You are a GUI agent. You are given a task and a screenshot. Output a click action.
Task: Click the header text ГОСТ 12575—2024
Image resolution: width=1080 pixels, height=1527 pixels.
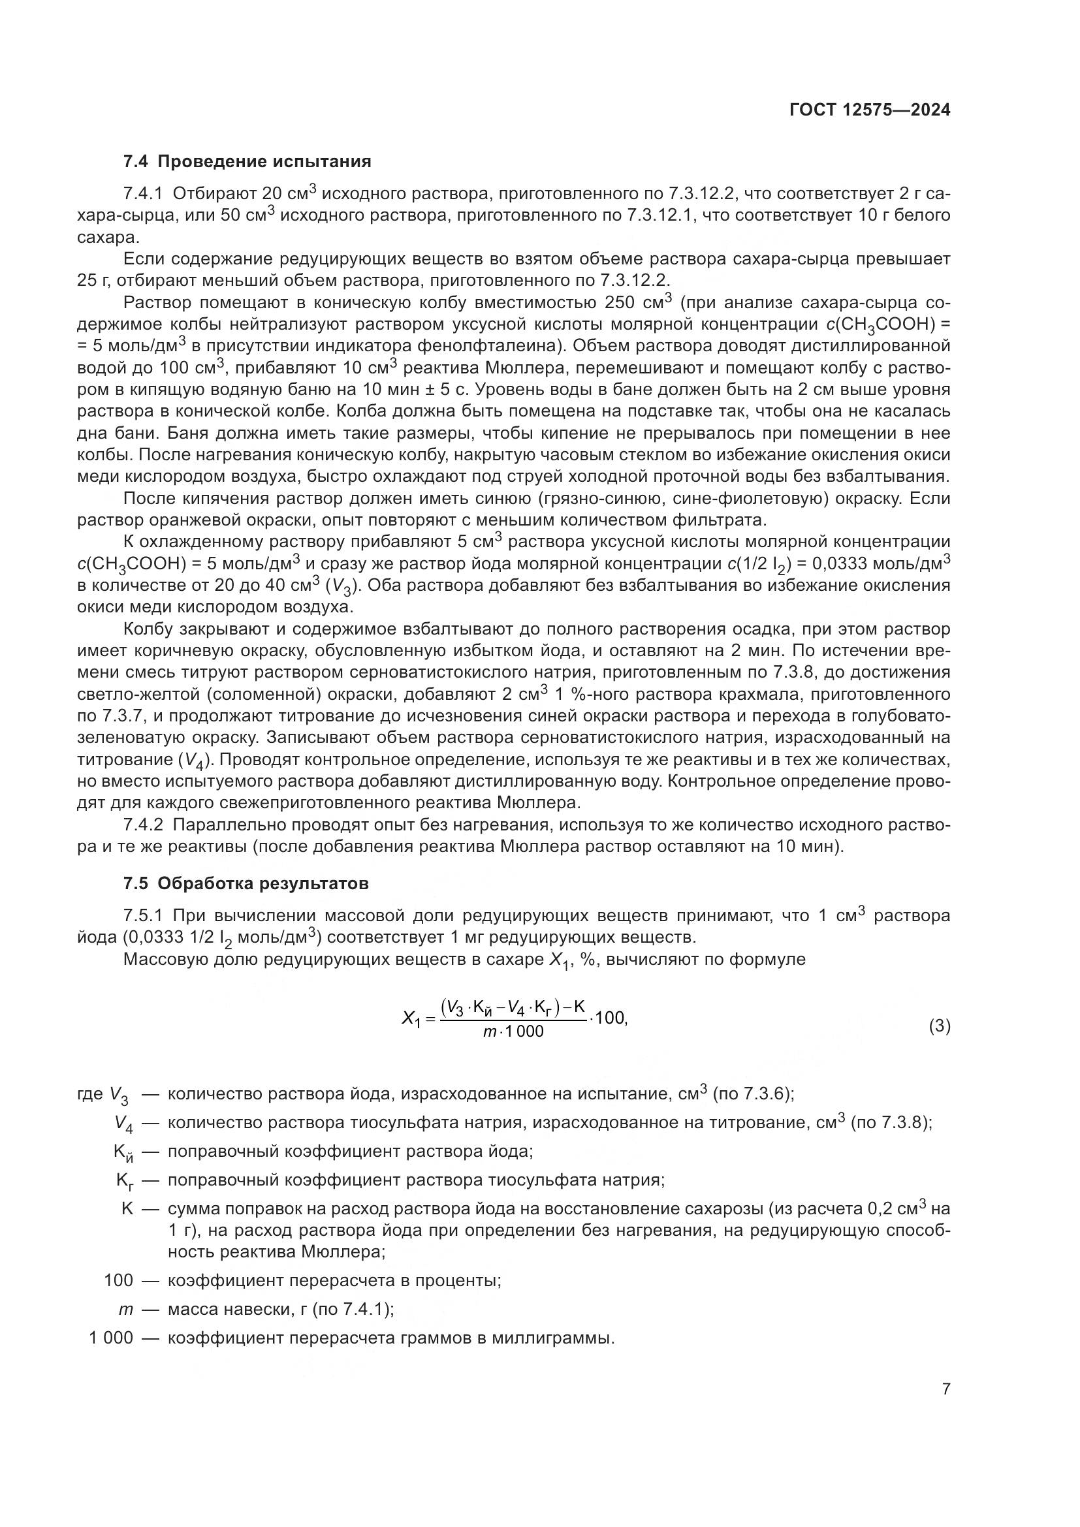869,110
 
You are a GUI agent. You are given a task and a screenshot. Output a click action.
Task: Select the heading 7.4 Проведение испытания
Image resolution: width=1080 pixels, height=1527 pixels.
247,162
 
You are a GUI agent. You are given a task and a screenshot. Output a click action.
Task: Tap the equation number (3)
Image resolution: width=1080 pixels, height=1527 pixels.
939,1026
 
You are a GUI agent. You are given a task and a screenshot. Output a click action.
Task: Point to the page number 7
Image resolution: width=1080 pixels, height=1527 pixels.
945,1389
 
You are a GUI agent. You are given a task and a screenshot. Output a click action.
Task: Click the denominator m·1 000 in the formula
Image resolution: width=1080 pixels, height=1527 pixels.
513,1031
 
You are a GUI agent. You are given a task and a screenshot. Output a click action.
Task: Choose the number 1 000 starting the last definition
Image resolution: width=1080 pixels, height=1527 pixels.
111,1338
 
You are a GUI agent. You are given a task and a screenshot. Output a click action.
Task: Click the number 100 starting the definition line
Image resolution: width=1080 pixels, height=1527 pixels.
118,1280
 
